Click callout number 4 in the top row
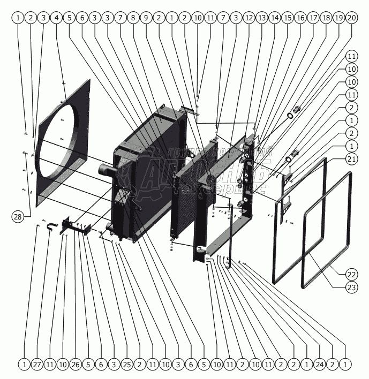57,18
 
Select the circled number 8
133,18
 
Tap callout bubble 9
146,18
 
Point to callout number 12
248,18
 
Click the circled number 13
261,18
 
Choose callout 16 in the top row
300,18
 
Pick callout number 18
326,18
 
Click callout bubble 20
351,18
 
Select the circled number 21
351,158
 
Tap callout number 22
351,275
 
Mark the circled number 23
351,287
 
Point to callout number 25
126,364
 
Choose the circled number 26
76,364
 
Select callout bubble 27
37,364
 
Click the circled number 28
18,217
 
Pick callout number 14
274,18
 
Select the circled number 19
338,18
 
